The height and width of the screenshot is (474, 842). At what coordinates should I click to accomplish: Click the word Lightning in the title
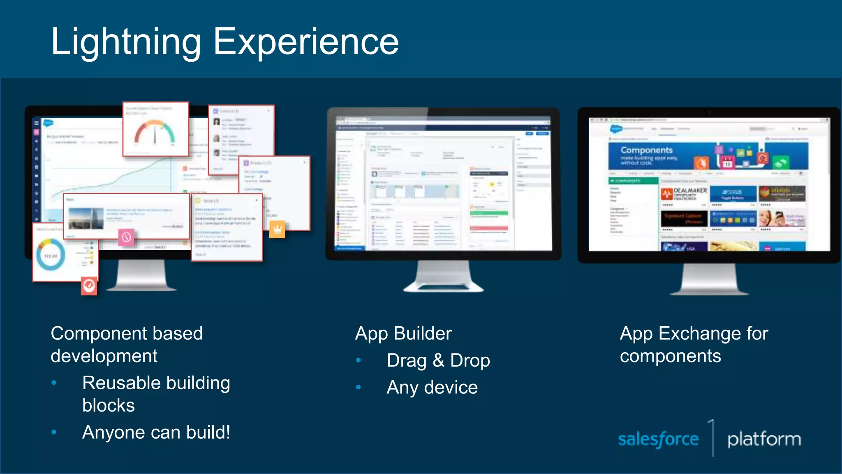[x=125, y=42]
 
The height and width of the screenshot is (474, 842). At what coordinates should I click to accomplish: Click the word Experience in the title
[x=306, y=42]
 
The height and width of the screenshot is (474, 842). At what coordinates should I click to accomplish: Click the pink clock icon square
[x=126, y=237]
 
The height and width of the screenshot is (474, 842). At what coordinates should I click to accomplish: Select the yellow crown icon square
[x=277, y=229]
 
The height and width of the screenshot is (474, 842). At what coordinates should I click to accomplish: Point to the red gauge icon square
[x=89, y=286]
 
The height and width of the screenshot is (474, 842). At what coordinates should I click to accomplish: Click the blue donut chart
[x=51, y=256]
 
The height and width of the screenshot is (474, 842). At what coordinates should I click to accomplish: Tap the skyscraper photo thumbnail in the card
[x=86, y=218]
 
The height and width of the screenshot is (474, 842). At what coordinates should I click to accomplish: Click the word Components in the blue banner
[x=646, y=150]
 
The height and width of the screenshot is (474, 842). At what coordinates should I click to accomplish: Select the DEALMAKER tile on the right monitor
[x=685, y=194]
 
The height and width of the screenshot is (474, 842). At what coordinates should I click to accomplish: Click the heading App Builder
[x=403, y=333]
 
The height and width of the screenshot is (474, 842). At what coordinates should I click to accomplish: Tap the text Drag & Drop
[x=438, y=360]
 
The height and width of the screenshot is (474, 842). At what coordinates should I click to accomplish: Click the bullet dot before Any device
[x=359, y=387]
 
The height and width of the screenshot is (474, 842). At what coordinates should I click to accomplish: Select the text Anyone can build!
[x=156, y=432]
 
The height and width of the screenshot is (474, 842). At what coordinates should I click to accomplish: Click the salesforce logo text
[x=658, y=439]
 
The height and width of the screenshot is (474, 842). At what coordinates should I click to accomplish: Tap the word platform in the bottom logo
[x=764, y=439]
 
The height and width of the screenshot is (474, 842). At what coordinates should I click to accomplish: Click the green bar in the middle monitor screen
[x=489, y=213]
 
